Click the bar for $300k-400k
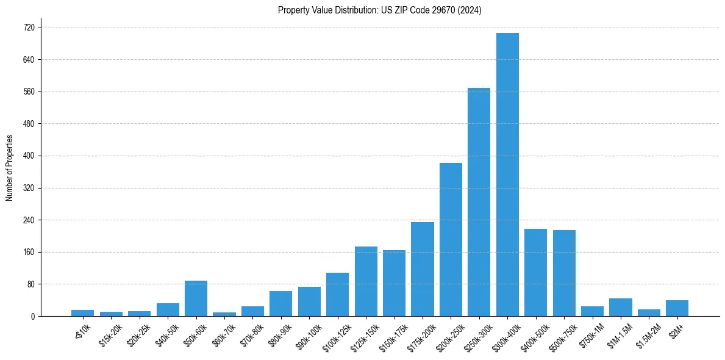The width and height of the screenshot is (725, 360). pos(507,175)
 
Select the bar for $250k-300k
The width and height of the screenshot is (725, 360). pos(479,202)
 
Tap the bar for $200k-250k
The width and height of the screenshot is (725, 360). pos(451,239)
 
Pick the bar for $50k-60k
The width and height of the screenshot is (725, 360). pos(196,298)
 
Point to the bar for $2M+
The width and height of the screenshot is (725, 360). pos(677,308)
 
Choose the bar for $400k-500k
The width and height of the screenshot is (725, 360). pos(535,272)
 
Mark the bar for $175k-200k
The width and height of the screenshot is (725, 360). pos(422,269)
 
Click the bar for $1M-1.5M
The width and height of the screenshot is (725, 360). pos(620,307)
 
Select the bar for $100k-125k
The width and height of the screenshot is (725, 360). pos(337,294)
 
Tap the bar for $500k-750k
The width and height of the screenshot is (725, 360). pos(564,273)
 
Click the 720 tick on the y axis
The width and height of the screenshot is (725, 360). pos(28,27)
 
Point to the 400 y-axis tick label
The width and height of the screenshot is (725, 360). pos(28,156)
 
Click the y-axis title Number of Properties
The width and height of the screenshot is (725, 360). pos(9,168)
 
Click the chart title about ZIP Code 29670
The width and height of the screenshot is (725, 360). pos(379,10)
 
